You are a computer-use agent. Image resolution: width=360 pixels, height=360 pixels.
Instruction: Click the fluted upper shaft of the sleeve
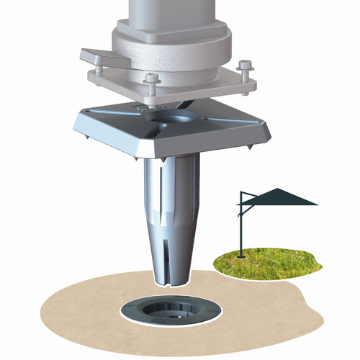coord(173,187)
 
